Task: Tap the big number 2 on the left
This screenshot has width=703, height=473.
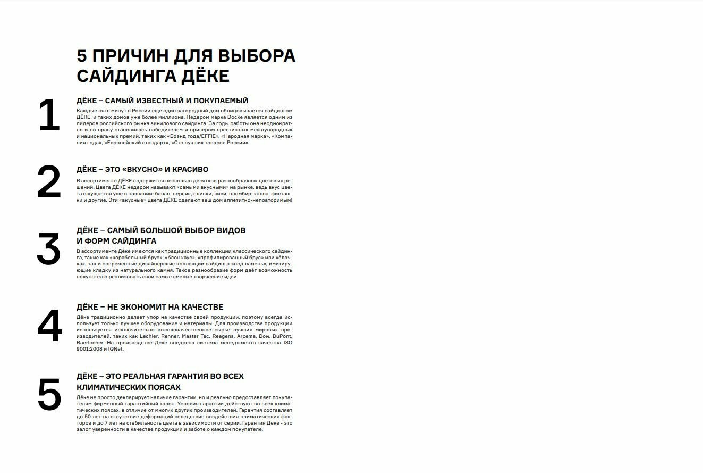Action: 49,182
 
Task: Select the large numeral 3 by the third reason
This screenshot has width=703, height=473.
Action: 49,249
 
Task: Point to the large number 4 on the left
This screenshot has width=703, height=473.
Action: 50,326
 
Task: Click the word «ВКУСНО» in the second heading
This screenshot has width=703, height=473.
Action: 142,169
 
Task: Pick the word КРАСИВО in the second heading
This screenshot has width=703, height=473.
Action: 190,169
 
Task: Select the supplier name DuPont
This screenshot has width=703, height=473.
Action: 282,336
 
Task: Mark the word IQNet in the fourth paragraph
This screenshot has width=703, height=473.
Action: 115,349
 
